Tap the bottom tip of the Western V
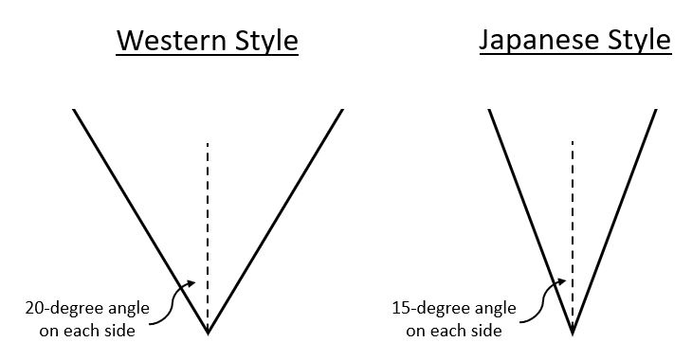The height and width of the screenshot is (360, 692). click(x=208, y=333)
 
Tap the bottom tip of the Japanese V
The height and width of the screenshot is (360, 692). click(x=573, y=333)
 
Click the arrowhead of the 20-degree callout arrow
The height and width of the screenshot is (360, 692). click(x=192, y=281)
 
